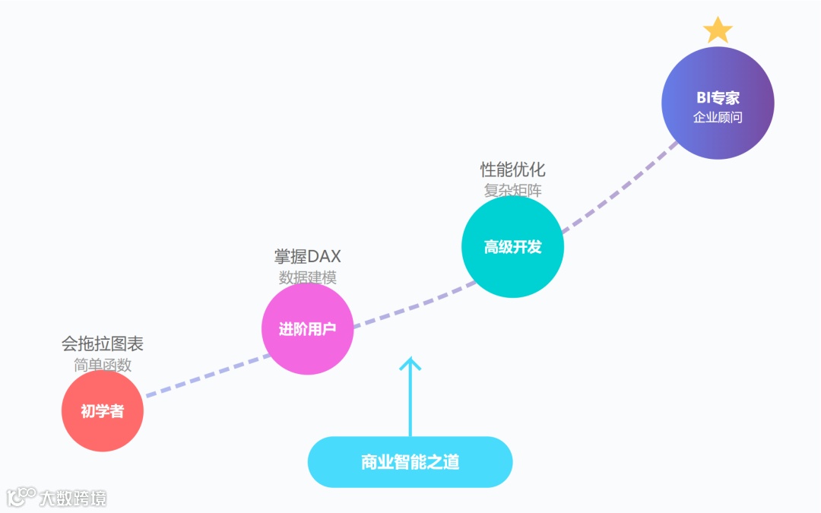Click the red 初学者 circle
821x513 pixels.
click(x=102, y=411)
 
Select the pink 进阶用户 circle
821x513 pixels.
click(x=307, y=329)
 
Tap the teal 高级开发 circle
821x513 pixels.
click(x=512, y=247)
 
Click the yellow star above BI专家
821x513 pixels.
click(x=718, y=31)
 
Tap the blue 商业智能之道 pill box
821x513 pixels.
click(x=410, y=462)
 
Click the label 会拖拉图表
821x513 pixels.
click(x=103, y=344)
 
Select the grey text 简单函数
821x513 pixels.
click(x=103, y=365)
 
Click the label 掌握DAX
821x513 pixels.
click(x=307, y=257)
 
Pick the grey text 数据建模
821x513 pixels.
click(x=307, y=277)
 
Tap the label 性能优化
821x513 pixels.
click(x=512, y=169)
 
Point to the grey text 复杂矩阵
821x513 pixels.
click(x=512, y=190)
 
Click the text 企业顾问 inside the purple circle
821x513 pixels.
click(x=718, y=117)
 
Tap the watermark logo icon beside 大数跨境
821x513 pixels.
click(x=21, y=497)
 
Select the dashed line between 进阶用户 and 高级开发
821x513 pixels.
click(x=410, y=304)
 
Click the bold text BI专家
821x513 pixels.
click(x=718, y=98)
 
